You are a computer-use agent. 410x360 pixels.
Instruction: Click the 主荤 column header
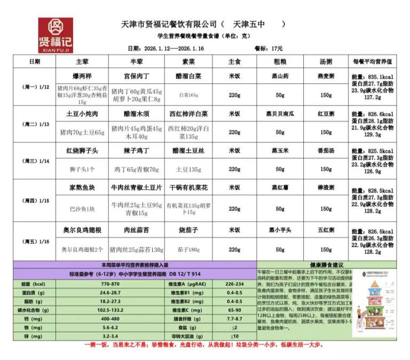pos(82,61)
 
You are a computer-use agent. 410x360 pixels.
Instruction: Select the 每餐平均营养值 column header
pos(373,61)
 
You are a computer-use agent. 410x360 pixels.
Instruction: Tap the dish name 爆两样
pos(82,76)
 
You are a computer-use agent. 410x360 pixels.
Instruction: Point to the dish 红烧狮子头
pos(82,151)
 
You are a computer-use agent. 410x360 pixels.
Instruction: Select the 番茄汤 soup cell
pos(326,151)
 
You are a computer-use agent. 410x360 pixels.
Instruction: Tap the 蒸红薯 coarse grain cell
pos(280,188)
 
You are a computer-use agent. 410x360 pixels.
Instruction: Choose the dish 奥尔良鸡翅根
pos(82,230)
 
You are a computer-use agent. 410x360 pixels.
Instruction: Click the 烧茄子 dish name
pos(188,230)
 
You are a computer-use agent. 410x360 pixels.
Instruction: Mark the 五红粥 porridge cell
pos(326,230)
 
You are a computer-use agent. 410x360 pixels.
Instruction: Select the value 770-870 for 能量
pos(109,284)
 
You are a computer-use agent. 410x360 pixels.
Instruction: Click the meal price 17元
pos(277,48)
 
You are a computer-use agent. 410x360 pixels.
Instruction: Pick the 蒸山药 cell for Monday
pos(280,76)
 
